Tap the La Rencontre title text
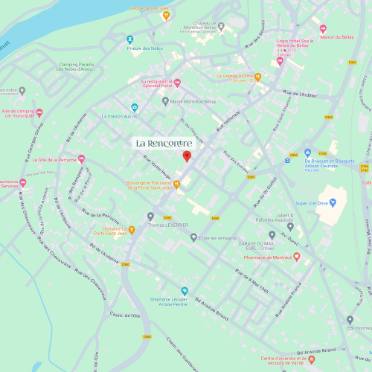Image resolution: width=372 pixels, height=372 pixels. (x=163, y=142)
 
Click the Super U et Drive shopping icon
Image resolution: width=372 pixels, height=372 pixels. (x=333, y=202)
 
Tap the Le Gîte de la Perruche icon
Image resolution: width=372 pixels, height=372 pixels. (x=81, y=159)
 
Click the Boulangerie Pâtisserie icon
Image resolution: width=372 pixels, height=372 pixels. (x=176, y=184)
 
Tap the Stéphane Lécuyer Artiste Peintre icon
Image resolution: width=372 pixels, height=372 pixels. (x=185, y=291)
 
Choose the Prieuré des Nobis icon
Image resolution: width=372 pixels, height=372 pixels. (x=129, y=39)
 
